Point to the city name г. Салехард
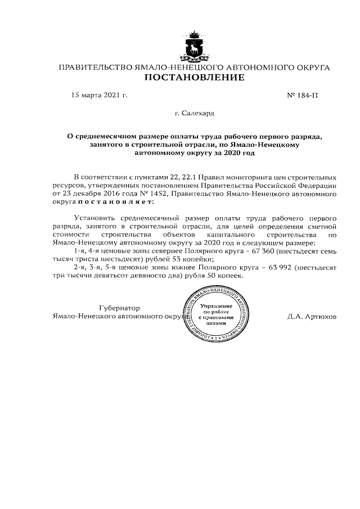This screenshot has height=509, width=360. (195, 114)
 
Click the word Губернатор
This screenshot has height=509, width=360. (119, 308)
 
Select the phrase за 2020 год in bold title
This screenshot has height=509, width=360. (235, 152)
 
